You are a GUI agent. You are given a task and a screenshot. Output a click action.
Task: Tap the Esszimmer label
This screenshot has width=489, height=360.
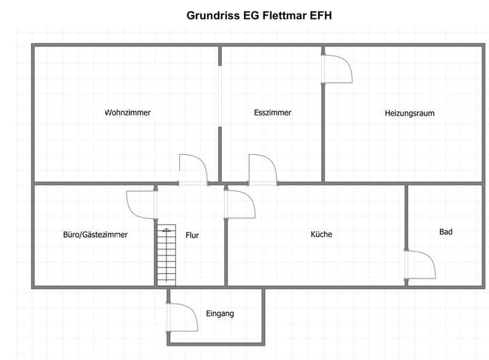click(x=272, y=113)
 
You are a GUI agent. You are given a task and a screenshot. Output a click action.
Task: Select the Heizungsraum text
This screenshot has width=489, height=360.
click(x=410, y=113)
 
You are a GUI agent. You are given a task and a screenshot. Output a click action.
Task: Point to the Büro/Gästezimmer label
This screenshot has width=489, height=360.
click(x=94, y=234)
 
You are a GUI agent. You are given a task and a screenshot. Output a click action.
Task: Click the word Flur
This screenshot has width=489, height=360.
click(x=192, y=235)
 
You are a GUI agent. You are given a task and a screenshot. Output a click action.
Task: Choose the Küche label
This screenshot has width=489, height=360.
click(x=321, y=234)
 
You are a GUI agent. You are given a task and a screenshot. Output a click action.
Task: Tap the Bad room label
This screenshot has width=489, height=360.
click(x=446, y=232)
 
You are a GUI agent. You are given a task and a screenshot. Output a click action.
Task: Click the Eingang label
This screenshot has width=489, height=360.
click(x=220, y=314)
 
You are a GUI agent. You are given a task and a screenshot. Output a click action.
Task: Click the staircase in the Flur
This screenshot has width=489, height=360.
click(x=166, y=255)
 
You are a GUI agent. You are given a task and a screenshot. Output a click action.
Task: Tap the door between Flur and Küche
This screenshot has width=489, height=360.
click(x=239, y=204)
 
